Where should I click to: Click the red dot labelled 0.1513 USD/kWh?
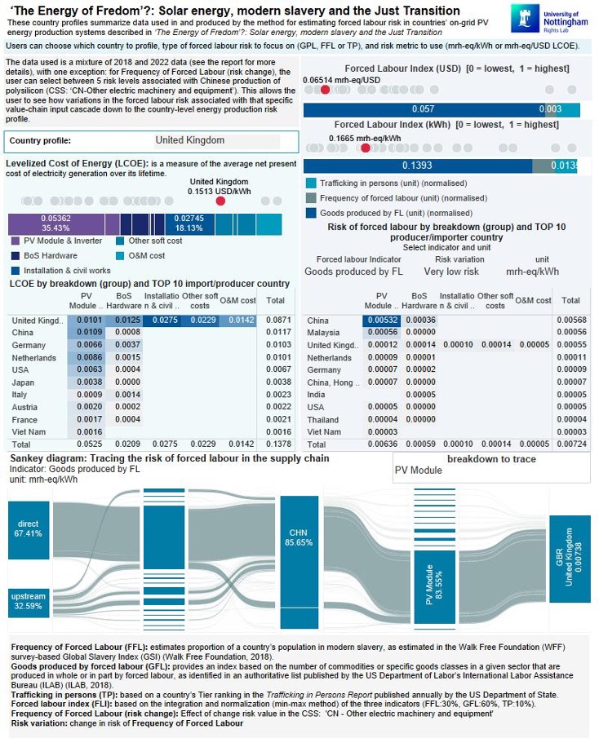click(220, 201)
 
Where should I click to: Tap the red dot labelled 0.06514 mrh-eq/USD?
click(326, 89)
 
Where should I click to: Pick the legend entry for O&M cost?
click(121, 256)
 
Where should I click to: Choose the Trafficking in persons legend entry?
click(311, 183)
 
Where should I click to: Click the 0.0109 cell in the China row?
click(92, 332)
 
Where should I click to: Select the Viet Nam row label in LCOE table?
click(29, 431)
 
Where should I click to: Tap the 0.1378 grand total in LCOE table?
click(276, 445)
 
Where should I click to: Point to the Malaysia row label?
click(325, 332)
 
